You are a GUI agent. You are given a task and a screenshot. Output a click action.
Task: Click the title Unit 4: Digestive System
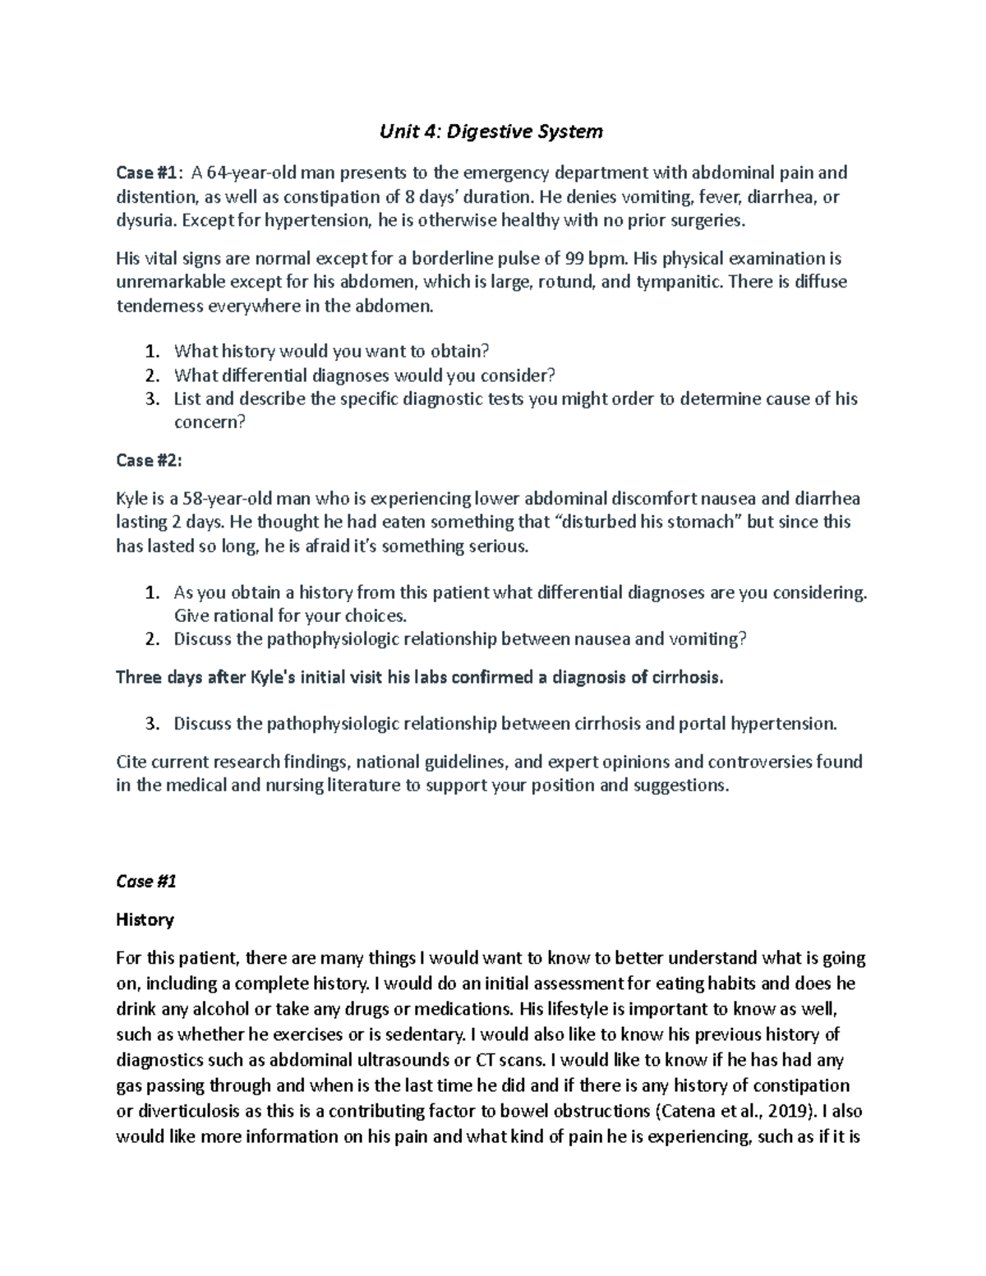point(491,131)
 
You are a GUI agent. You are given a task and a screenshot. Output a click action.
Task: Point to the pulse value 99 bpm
point(588,259)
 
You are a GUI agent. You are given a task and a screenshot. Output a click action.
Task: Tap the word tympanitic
point(677,283)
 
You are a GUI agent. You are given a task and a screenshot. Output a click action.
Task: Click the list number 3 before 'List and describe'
point(150,399)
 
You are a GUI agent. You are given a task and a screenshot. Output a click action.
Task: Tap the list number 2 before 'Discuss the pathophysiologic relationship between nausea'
point(150,639)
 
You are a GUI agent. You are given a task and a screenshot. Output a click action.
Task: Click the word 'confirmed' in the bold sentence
point(479,678)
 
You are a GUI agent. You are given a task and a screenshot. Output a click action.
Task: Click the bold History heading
point(145,919)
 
